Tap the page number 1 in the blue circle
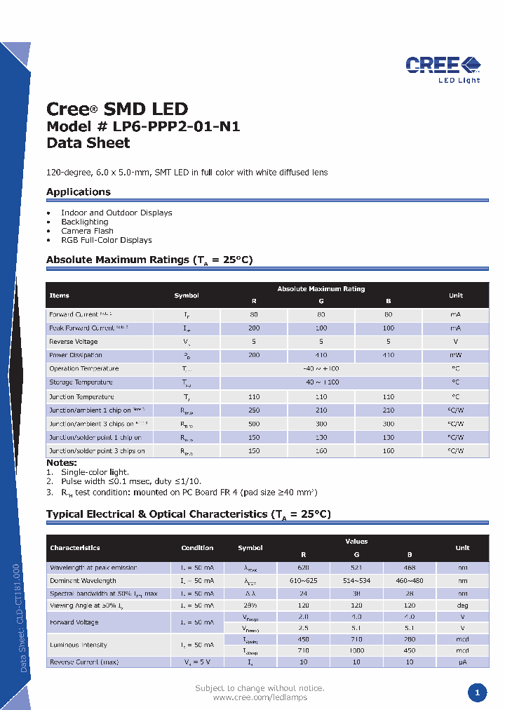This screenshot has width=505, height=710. tap(477, 693)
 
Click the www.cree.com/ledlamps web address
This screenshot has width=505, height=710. tap(260, 697)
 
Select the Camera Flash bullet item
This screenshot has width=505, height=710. tap(87, 231)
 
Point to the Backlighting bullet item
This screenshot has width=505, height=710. tap(84, 222)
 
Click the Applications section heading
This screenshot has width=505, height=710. tap(79, 192)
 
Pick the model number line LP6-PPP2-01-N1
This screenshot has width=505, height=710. tap(143, 126)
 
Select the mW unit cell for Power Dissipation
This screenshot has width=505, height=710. tap(455, 355)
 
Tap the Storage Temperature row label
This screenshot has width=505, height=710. tap(81, 382)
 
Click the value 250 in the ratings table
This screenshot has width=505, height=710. tap(254, 410)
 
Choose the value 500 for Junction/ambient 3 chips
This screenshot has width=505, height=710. tap(254, 424)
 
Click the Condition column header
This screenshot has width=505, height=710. tap(197, 548)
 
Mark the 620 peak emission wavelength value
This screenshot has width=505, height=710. tap(302, 567)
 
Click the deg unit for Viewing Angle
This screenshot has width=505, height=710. tap(462, 604)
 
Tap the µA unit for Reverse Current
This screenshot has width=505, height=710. tap(462, 662)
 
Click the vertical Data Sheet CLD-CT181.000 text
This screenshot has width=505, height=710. tap(24, 617)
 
